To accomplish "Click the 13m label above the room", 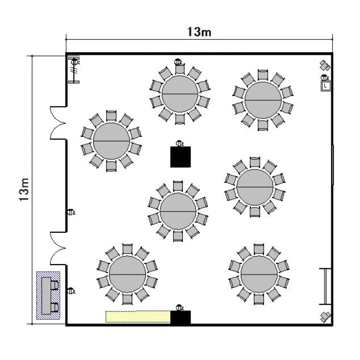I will pos(199,32).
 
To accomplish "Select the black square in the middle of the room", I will pos(181,156).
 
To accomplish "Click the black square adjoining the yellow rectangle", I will pos(181,317).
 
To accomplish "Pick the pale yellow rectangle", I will pos(138,317).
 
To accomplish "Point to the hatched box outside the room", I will pos(48,296).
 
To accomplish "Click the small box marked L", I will pos(326,85).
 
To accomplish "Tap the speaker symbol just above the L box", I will pos(325,64).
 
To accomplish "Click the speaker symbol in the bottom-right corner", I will pos(325,316).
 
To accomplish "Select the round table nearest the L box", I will pos(263,100).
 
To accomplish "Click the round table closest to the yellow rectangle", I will pos(127,274).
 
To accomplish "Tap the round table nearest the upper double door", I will pos(111,141).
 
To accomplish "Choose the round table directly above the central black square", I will pos(180,93).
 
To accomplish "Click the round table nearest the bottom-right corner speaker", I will pos(259,274).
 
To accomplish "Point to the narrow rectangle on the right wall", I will pos(325,286).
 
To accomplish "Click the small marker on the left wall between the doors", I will pos(71,212).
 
